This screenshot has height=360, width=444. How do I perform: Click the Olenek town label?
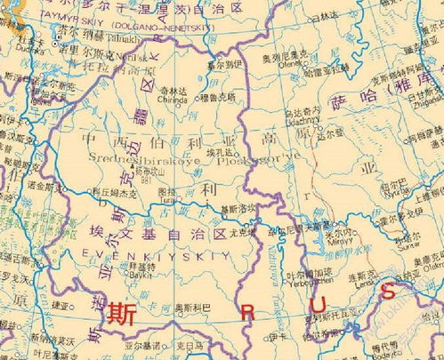tap(289, 64)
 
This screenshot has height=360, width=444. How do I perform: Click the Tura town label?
tap(167, 202)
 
